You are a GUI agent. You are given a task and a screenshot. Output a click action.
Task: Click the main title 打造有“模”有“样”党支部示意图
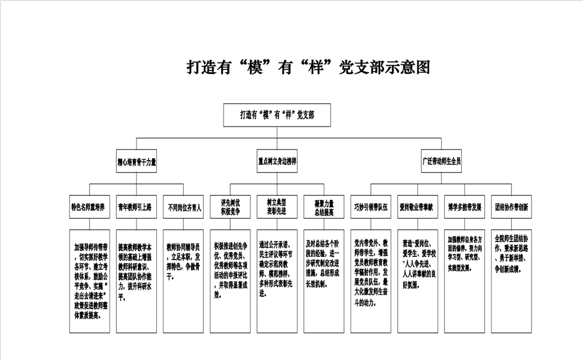308,67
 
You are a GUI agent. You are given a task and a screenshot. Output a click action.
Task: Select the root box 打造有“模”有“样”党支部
277,115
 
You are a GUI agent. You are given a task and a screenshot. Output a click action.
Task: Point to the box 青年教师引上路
136,207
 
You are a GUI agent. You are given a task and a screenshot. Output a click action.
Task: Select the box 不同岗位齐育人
183,207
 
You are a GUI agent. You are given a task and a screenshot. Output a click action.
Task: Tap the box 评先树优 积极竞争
230,207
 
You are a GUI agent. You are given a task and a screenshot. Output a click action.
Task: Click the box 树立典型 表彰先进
276,207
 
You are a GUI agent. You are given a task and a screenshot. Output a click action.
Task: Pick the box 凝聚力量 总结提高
323,207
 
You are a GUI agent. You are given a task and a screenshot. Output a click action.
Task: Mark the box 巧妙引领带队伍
371,207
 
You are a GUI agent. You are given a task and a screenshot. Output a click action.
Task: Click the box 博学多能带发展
465,207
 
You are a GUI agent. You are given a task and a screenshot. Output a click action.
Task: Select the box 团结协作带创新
511,207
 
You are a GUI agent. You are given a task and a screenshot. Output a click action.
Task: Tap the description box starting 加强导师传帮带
90,281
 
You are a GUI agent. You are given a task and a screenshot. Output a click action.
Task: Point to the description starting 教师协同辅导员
183,281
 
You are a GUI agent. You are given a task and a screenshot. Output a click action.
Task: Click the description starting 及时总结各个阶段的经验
323,281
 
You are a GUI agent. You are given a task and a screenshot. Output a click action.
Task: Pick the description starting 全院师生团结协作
511,281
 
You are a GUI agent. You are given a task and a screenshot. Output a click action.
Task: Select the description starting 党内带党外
371,281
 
